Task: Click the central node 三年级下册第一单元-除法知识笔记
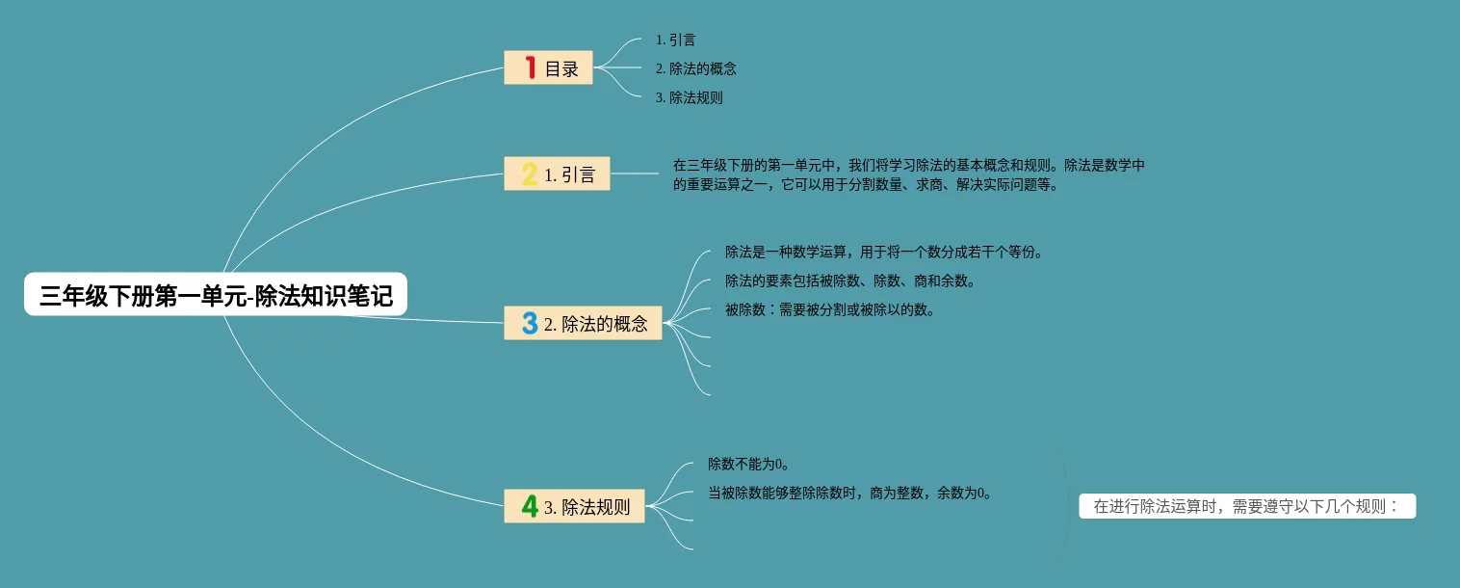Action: (216, 295)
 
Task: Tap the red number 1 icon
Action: (530, 67)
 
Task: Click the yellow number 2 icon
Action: (530, 174)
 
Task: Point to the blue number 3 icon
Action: (530, 324)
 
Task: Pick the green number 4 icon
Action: (530, 506)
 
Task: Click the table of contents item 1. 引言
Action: (675, 40)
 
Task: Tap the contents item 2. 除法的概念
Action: (695, 69)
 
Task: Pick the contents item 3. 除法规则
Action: (689, 97)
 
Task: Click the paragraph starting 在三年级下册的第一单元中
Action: (908, 175)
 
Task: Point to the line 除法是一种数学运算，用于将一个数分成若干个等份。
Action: (883, 253)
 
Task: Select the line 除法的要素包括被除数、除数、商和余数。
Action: (850, 281)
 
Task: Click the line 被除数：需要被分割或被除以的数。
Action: (829, 310)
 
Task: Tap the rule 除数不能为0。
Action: (749, 465)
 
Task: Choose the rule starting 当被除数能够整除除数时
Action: (849, 494)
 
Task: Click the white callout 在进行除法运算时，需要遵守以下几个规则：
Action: (1247, 507)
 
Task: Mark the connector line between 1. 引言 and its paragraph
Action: (636, 174)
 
